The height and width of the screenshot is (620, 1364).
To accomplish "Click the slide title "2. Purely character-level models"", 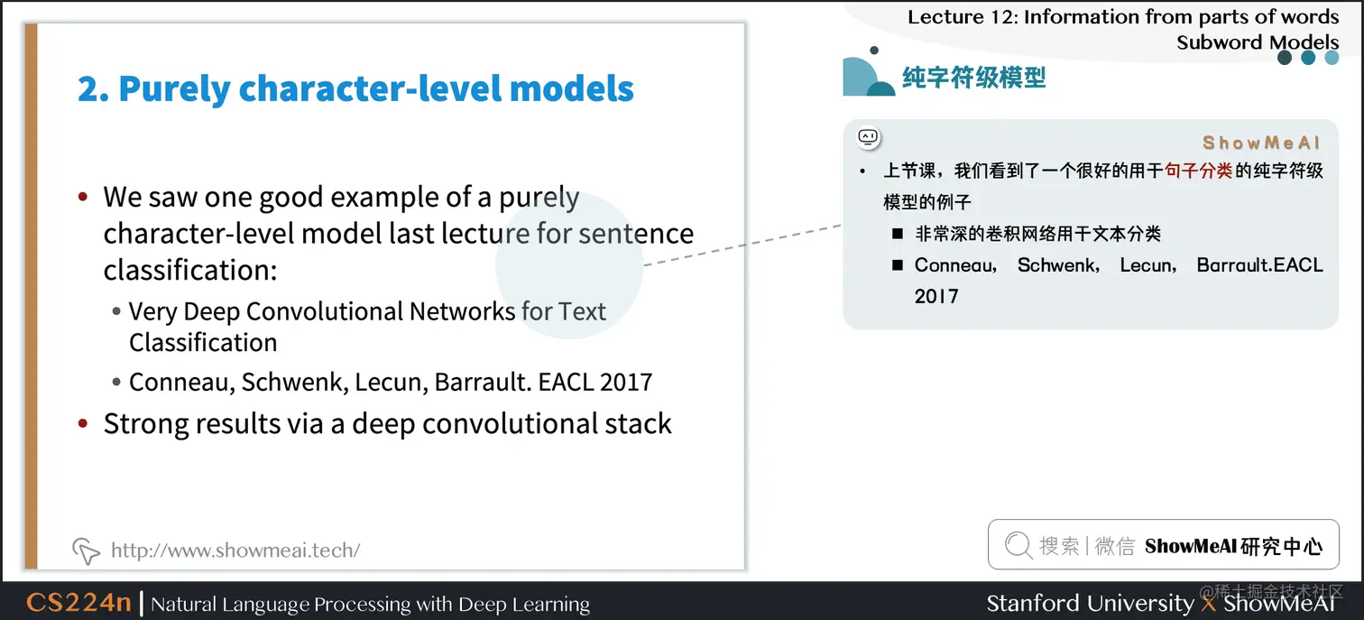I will coord(355,89).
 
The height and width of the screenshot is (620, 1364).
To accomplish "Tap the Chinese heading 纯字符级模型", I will coord(973,78).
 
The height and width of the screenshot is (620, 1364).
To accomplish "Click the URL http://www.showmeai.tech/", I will coord(235,550).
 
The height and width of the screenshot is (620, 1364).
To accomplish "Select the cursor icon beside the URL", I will coord(86,550).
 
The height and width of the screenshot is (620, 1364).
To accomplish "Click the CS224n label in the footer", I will coord(78,603).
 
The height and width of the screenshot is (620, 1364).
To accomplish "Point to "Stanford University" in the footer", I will coord(1089,603).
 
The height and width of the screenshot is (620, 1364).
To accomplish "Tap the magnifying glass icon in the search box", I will coord(1018,545).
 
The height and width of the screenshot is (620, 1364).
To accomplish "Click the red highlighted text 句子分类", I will coord(1198,171).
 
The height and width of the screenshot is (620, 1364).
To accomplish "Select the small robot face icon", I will coord(868,138).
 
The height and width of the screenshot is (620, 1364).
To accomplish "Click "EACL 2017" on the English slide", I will coord(594,382).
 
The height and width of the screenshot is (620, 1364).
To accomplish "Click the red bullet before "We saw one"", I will coord(83,197).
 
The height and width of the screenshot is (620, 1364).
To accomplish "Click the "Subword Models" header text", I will coord(1257,42).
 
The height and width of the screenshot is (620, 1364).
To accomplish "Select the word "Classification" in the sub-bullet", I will coord(203,343).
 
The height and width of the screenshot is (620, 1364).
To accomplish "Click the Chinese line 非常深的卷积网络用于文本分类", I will coord(1037,234).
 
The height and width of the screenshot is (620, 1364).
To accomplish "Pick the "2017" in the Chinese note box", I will coord(935,296).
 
